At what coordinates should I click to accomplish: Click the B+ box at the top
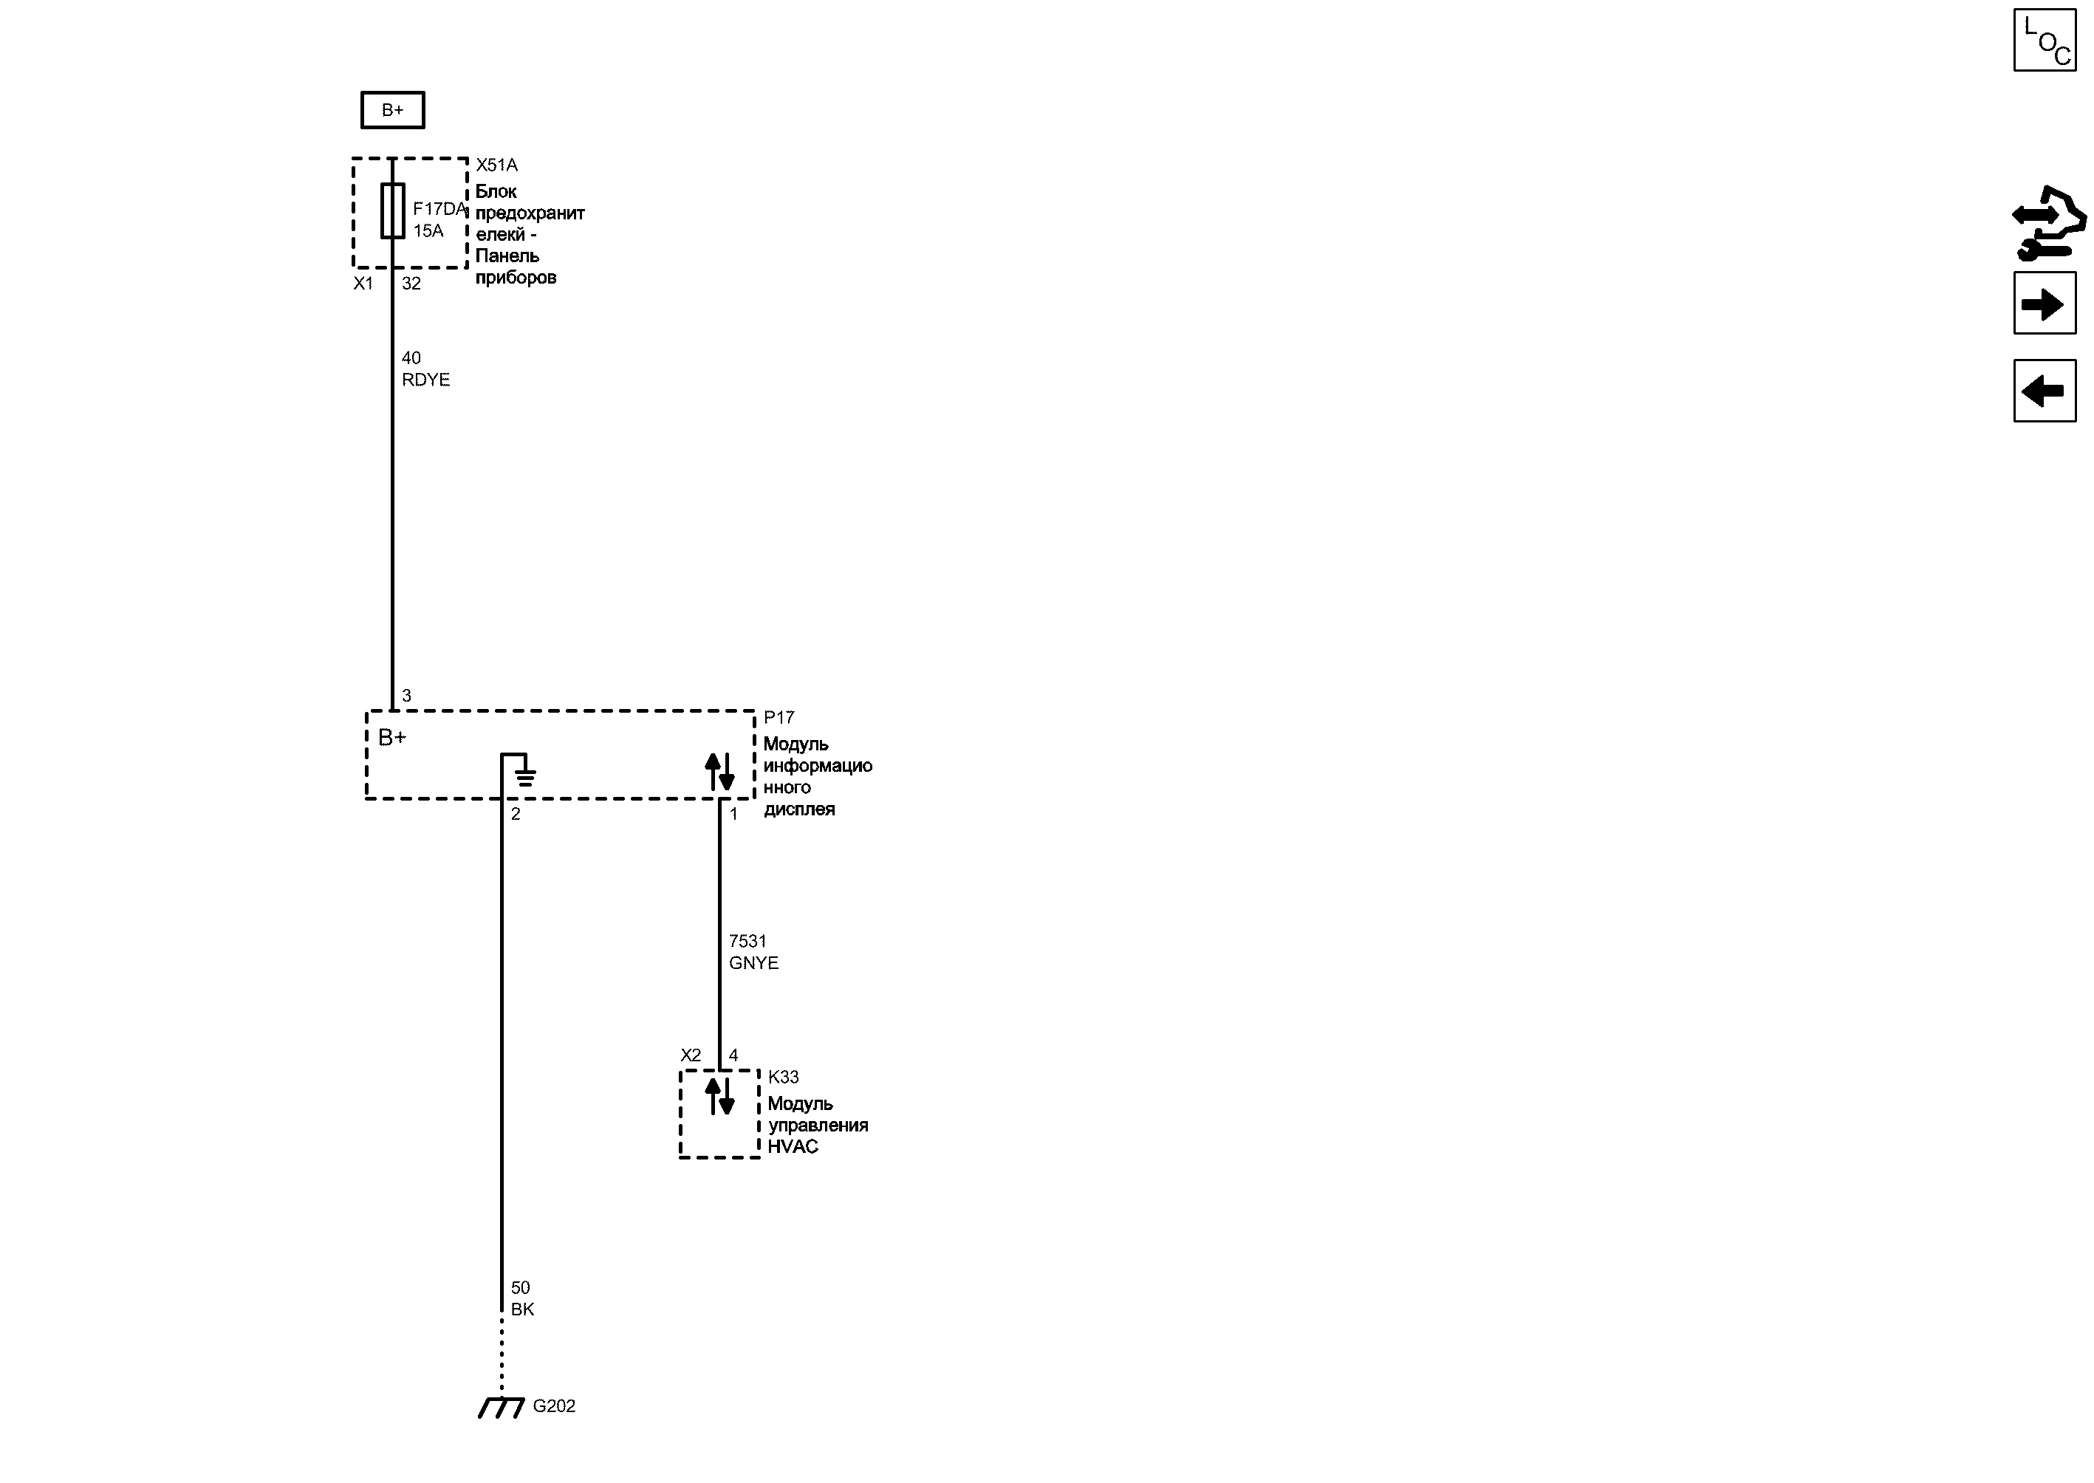(393, 111)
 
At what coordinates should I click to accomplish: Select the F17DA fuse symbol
(393, 211)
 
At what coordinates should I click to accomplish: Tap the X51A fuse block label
(497, 165)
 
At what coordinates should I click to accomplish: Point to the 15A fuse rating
(428, 231)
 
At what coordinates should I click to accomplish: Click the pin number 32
(412, 284)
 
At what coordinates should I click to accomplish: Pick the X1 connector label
(363, 284)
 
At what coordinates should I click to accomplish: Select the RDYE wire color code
(425, 380)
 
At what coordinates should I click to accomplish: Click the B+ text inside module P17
(391, 738)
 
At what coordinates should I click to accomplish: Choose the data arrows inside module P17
(719, 772)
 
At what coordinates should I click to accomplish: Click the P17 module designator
(779, 718)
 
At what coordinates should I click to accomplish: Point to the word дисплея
(799, 809)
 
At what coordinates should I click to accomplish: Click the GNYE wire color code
(753, 963)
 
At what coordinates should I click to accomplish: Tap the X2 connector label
(691, 1055)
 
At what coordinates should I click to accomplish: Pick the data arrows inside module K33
(719, 1097)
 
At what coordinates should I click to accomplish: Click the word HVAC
(793, 1147)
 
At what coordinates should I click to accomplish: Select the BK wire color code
(522, 1309)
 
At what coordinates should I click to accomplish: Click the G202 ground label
(554, 1406)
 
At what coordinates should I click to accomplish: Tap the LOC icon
(2045, 40)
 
